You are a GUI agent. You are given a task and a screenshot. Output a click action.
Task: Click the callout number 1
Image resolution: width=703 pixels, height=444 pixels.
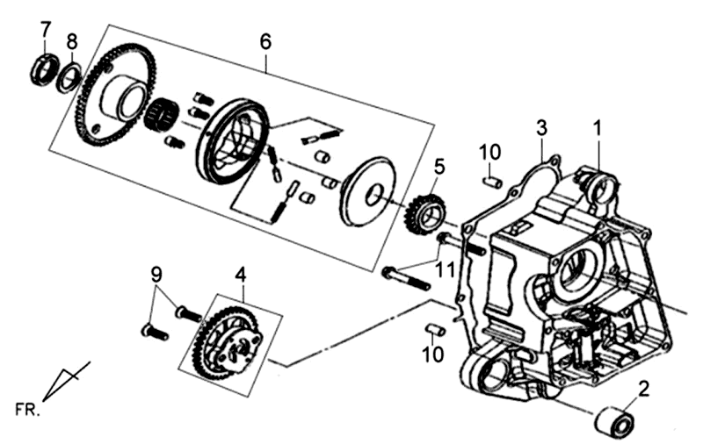point(598,129)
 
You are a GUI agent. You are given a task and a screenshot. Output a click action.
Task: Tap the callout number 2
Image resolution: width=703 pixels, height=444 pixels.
point(644,387)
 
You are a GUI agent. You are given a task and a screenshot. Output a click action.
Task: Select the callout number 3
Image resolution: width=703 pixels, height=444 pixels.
point(542,129)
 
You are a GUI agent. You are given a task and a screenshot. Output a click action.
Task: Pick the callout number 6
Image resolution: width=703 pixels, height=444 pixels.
point(265,41)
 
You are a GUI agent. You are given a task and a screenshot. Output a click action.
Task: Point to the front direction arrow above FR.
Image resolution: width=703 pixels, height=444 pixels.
point(64,380)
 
